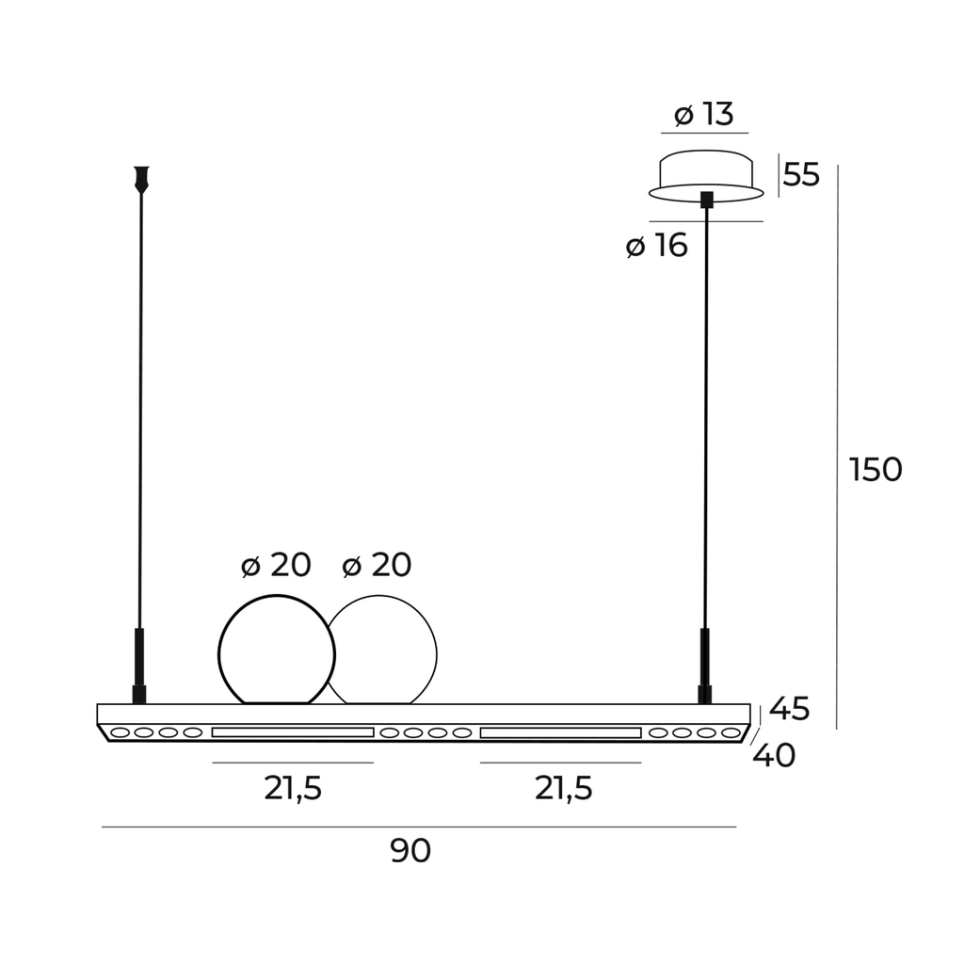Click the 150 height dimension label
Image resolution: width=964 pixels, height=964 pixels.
876,470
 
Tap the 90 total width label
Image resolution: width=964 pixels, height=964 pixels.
410,851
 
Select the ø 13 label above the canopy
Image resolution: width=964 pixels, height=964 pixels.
704,114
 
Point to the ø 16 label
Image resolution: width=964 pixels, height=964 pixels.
656,246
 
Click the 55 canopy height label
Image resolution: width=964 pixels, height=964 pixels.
802,174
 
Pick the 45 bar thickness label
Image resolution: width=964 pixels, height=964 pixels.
790,709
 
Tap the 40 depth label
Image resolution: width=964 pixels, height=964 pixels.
774,756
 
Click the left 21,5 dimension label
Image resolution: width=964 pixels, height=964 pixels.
294,788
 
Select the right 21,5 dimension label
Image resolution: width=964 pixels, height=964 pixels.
564,788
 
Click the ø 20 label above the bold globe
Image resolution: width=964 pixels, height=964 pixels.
276,565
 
